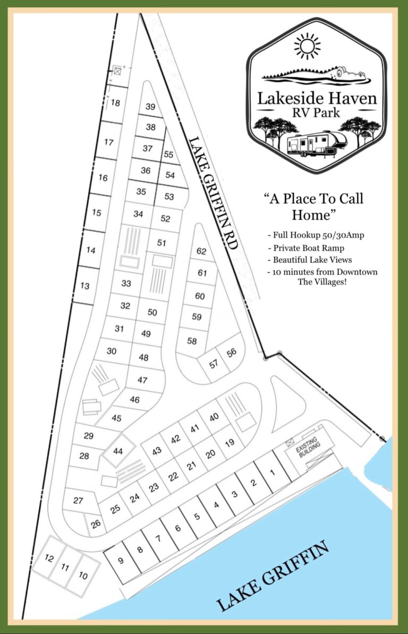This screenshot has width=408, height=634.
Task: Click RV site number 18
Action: [x=115, y=103]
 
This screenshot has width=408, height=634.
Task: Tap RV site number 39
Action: [x=150, y=107]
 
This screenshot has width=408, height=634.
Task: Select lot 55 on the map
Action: [x=169, y=155]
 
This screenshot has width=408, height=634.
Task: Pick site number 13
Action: [x=85, y=286]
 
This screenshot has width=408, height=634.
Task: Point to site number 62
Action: [x=201, y=251]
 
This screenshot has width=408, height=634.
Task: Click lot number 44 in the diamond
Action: [x=118, y=451]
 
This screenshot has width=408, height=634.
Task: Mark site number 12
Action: [x=49, y=558]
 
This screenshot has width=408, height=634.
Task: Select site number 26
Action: [x=96, y=523]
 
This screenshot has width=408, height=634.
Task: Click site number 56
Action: [x=232, y=352]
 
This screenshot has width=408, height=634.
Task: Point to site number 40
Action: [x=214, y=417]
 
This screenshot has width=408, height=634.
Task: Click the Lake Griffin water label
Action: [x=274, y=575]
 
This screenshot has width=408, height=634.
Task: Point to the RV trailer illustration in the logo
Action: [x=316, y=144]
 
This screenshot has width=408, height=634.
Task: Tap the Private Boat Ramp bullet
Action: [x=309, y=247]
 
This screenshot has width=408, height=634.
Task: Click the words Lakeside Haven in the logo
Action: [x=317, y=98]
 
